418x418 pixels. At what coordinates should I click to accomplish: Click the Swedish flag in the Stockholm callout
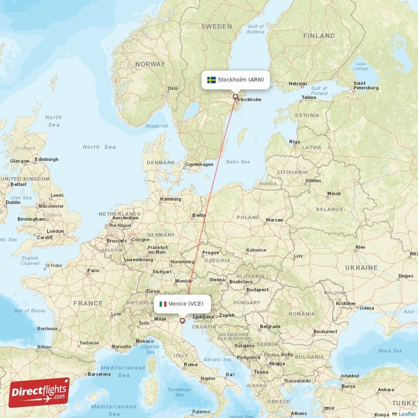pyautogui.click(x=211, y=80)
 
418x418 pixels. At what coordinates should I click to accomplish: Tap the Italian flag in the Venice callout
pyautogui.click(x=163, y=304)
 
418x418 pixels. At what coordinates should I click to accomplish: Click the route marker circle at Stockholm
pyautogui.click(x=235, y=97)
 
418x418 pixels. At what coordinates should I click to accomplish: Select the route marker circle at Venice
pyautogui.click(x=182, y=321)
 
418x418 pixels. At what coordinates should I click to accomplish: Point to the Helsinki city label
pyautogui.click(x=297, y=84)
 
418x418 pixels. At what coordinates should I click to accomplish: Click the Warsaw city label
pyautogui.click(x=274, y=220)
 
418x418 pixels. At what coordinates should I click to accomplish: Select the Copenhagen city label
pyautogui.click(x=199, y=164)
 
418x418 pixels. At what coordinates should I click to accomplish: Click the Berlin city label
pyautogui.click(x=199, y=215)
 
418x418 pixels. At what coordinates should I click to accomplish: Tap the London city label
pyautogui.click(x=55, y=231)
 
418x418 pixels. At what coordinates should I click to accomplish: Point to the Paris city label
pyautogui.click(x=93, y=271)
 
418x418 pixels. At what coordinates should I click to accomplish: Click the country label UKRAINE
pyautogui.click(x=361, y=268)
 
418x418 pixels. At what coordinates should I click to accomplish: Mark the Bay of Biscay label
pyautogui.click(x=29, y=310)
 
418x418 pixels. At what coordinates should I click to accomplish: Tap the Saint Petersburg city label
pyautogui.click(x=366, y=85)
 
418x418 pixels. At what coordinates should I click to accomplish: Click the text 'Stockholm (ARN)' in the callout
pyautogui.click(x=241, y=80)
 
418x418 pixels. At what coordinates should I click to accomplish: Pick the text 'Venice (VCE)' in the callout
pyautogui.click(x=186, y=304)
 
